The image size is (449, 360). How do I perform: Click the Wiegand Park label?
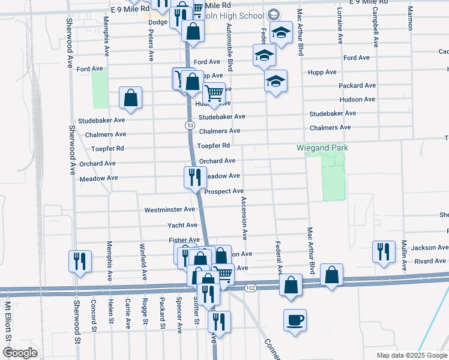322,148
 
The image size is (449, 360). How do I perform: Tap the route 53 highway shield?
190,124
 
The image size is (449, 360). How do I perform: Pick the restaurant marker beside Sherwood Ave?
80,261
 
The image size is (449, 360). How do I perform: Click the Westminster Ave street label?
170,210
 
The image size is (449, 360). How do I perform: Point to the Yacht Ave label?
182,225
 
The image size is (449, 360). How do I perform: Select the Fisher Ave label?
184,240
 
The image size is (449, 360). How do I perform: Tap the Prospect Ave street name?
223,191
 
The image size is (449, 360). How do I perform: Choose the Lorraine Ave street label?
340,26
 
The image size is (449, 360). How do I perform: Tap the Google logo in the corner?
20,353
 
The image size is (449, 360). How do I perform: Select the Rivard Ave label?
429,261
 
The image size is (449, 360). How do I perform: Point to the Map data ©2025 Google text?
411,355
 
